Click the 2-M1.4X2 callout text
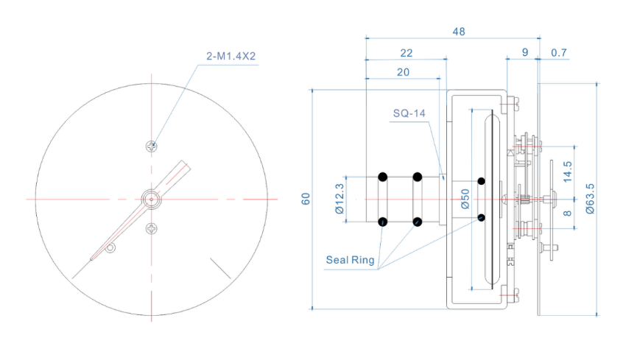click(230, 56)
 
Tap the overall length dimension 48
click(457, 32)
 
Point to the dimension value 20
click(403, 72)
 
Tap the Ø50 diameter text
click(465, 199)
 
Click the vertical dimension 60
click(305, 199)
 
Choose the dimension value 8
click(566, 213)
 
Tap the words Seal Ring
click(350, 259)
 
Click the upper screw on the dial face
click(152, 146)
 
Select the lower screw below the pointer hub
click(152, 228)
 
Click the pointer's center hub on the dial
click(152, 198)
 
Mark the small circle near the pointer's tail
click(110, 249)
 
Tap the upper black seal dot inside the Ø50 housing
click(481, 180)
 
